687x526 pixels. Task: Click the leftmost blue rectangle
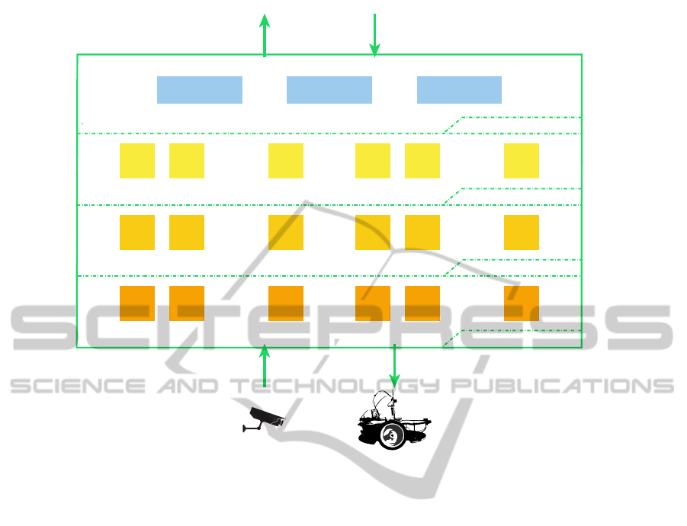point(200,90)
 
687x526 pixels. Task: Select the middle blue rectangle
point(329,90)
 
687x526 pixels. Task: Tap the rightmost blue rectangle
point(459,90)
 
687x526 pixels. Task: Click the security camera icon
point(264,419)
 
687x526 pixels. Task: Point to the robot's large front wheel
point(392,435)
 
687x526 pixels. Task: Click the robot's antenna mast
point(394,405)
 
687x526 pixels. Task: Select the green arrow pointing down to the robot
point(395,366)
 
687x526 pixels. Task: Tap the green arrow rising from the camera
point(264,366)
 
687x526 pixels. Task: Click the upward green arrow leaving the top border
point(264,35)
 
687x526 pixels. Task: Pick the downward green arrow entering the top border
point(374,35)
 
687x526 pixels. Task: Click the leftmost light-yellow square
point(137,161)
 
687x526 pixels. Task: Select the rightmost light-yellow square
point(522,161)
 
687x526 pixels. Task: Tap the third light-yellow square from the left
point(286,161)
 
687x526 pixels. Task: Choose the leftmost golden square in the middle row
point(137,233)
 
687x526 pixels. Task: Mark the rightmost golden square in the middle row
point(522,233)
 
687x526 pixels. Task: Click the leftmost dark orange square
point(137,303)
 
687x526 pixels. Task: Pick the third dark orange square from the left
point(286,303)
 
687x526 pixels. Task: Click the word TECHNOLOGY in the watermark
point(335,386)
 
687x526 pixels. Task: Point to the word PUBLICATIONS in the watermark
point(563,386)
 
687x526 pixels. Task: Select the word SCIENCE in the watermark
point(78,386)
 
